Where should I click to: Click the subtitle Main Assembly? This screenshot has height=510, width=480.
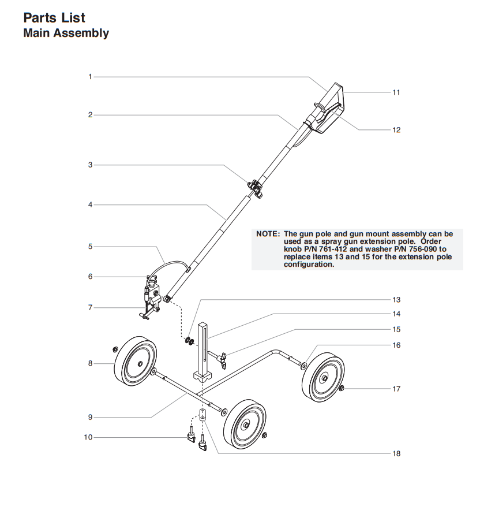66,33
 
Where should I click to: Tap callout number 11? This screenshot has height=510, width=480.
396,92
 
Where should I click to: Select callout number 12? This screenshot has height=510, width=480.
396,130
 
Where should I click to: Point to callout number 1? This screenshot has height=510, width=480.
90,76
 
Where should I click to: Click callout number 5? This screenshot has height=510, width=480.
90,247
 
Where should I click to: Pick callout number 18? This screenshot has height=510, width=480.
396,453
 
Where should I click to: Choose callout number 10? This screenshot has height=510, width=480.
88,437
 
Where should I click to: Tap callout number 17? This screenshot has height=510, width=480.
396,389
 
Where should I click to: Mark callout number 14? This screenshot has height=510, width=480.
396,314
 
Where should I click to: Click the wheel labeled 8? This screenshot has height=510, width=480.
136,363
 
